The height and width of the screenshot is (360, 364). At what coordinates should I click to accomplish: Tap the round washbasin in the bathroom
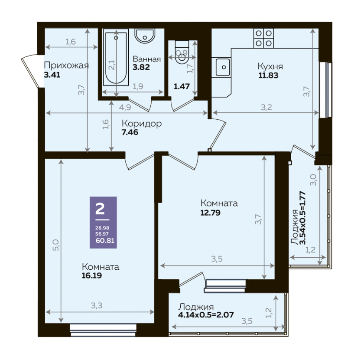[145, 36]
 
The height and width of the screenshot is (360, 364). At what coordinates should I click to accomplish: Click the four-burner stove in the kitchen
[264, 38]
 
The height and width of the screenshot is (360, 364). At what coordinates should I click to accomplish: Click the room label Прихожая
[66, 65]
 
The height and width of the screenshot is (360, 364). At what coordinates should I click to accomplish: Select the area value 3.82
[141, 67]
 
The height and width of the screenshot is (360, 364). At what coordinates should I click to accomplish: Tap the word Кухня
[270, 66]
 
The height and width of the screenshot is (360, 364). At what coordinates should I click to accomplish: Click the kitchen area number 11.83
[268, 75]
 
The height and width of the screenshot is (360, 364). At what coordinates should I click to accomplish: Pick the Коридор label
[142, 124]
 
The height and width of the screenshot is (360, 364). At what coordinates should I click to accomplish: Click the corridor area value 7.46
[130, 132]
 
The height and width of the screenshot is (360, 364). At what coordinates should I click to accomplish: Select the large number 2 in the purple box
[100, 209]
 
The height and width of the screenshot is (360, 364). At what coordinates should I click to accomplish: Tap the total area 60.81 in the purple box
[105, 241]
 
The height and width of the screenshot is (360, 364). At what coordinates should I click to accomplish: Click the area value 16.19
[92, 275]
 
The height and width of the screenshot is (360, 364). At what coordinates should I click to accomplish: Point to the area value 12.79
[210, 213]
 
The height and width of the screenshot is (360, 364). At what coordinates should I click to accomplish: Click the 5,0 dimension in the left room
[56, 245]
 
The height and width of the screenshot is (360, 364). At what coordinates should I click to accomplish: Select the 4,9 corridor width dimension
[125, 108]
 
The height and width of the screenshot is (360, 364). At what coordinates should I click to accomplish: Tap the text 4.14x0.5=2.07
[206, 315]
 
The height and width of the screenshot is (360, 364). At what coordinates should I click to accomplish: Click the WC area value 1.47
[182, 86]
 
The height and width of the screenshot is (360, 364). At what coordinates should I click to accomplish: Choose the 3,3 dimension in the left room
[97, 306]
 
